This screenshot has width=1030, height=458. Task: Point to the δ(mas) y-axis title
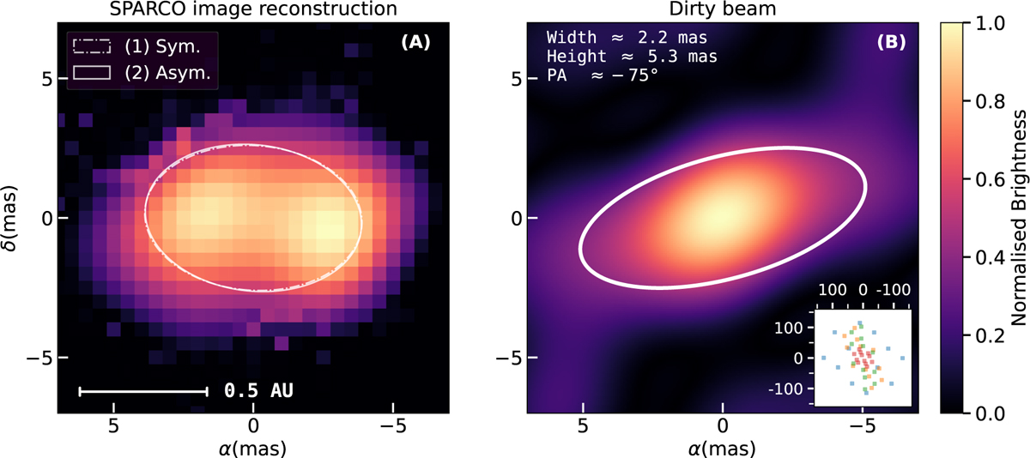pyautogui.click(x=12, y=218)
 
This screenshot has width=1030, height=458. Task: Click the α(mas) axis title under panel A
pyautogui.click(x=252, y=447)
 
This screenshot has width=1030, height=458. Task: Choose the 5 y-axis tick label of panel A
pyautogui.click(x=39, y=79)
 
